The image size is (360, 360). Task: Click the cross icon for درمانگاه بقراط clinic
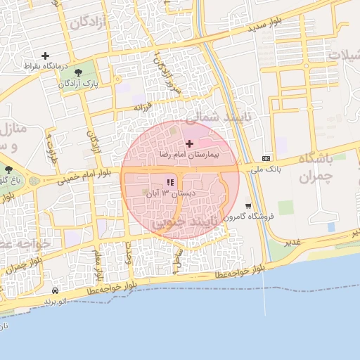[x=46, y=56]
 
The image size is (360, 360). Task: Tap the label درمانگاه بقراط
[x=46, y=66]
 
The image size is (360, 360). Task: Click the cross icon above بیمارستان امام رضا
[x=189, y=143]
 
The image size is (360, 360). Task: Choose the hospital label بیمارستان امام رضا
[x=189, y=153]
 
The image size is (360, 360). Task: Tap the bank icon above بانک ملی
[x=266, y=158]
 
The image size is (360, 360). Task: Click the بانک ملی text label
[x=266, y=168]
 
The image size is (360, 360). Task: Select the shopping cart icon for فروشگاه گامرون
[x=248, y=206]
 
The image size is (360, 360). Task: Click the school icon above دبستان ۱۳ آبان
[x=169, y=183]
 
